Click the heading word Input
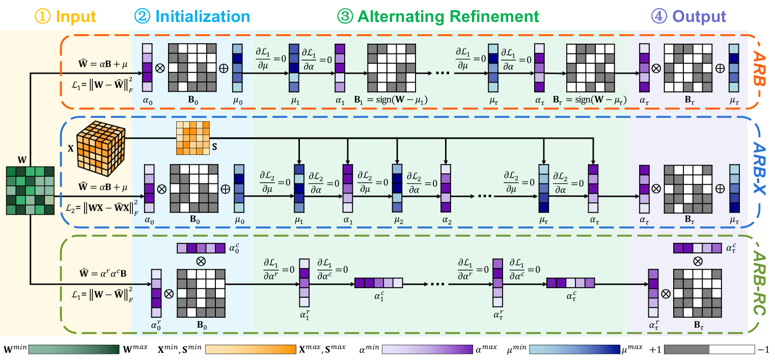point(76,16)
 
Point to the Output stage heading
point(698,16)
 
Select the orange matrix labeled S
point(192,137)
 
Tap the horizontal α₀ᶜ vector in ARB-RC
point(200,248)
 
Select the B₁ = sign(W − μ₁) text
point(391,100)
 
